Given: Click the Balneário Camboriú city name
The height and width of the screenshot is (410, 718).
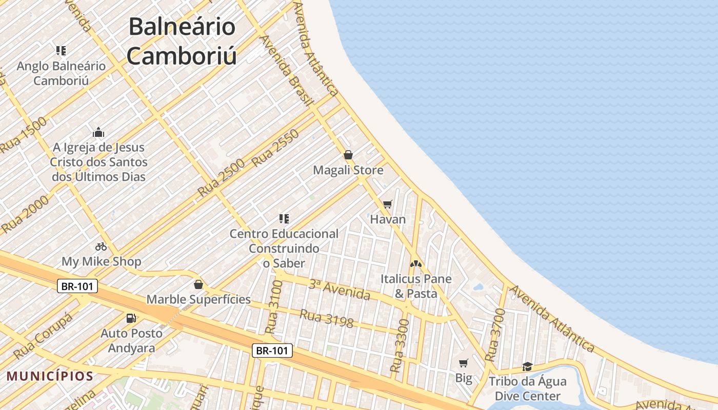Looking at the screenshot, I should click(182, 41).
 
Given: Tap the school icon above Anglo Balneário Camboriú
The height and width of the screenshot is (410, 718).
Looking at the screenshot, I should click(61, 50).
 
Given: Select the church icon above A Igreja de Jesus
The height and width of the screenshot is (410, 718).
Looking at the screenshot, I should click(98, 132).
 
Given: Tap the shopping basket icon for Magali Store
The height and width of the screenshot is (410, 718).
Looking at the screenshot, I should click(348, 155).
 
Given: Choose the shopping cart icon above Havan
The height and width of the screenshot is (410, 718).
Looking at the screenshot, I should click(388, 204).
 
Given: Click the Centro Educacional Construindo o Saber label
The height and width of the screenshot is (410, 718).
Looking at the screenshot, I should click(284, 249).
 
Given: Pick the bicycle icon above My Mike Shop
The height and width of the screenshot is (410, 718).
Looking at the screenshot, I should click(101, 247).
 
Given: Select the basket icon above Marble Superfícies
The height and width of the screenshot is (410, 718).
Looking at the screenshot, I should click(198, 284).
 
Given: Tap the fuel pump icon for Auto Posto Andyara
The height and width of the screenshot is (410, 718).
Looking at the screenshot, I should click(131, 318).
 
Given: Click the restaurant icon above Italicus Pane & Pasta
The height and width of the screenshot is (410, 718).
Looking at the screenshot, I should click(415, 264).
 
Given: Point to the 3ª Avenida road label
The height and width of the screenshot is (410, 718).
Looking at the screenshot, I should click(339, 290).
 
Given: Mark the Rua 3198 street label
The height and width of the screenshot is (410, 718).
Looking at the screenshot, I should click(327, 318).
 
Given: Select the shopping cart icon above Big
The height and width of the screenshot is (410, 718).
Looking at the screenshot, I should click(464, 363).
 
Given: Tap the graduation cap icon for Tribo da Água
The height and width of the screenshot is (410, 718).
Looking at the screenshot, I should click(527, 366).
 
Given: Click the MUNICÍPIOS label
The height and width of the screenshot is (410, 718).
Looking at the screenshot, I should click(50, 377).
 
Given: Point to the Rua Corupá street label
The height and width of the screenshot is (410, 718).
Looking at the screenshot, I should click(43, 335).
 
